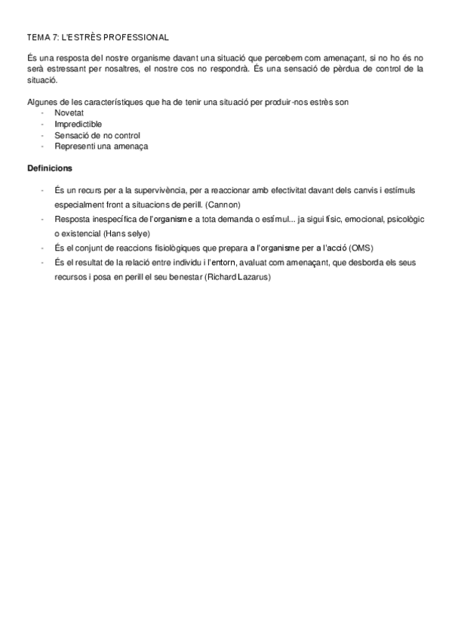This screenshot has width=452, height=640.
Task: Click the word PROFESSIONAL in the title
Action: point(137,36)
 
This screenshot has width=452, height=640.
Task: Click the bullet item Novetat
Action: point(69,112)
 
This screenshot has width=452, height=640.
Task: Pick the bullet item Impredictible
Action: point(78,124)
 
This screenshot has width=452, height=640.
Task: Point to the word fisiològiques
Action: point(178,248)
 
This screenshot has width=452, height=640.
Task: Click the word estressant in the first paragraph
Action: point(74,68)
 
